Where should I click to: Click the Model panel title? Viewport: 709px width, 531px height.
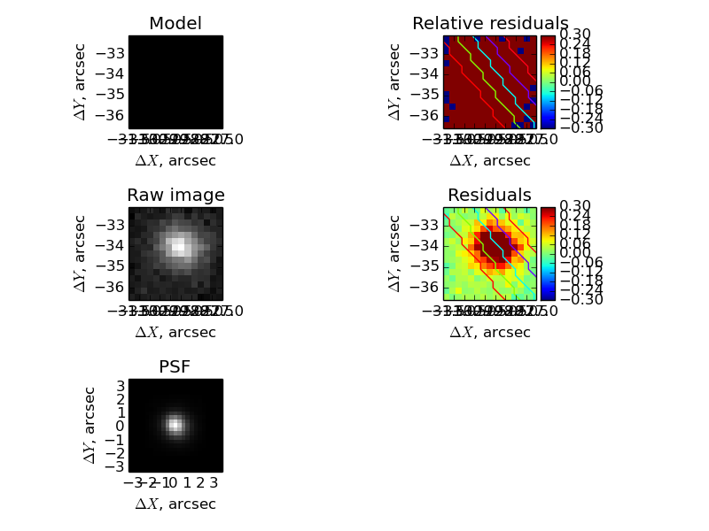pyautogui.click(x=175, y=24)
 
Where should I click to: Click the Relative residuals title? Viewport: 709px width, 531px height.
pyautogui.click(x=490, y=24)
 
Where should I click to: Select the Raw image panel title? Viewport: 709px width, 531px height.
pyautogui.click(x=175, y=196)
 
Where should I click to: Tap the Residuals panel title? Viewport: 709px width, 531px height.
pyautogui.click(x=489, y=196)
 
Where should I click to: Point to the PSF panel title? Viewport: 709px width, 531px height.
pyautogui.click(x=175, y=367)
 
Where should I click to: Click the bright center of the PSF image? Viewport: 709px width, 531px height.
pyautogui.click(x=175, y=426)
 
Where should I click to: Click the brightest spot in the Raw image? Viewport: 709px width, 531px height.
pyautogui.click(x=178, y=245)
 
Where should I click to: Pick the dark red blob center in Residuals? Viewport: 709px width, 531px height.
pyautogui.click(x=493, y=245)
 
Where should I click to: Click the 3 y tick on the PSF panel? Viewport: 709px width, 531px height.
pyautogui.click(x=118, y=384)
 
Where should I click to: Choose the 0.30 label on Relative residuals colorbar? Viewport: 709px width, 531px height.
pyautogui.click(x=574, y=35)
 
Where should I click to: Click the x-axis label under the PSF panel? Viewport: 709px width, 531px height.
pyautogui.click(x=175, y=504)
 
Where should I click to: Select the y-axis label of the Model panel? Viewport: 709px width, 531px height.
pyautogui.click(x=81, y=81)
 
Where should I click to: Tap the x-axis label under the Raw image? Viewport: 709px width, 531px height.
pyautogui.click(x=175, y=332)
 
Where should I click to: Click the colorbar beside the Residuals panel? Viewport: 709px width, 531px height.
pyautogui.click(x=548, y=253)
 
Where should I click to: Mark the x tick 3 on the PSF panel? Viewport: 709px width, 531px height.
pyautogui.click(x=214, y=483)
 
